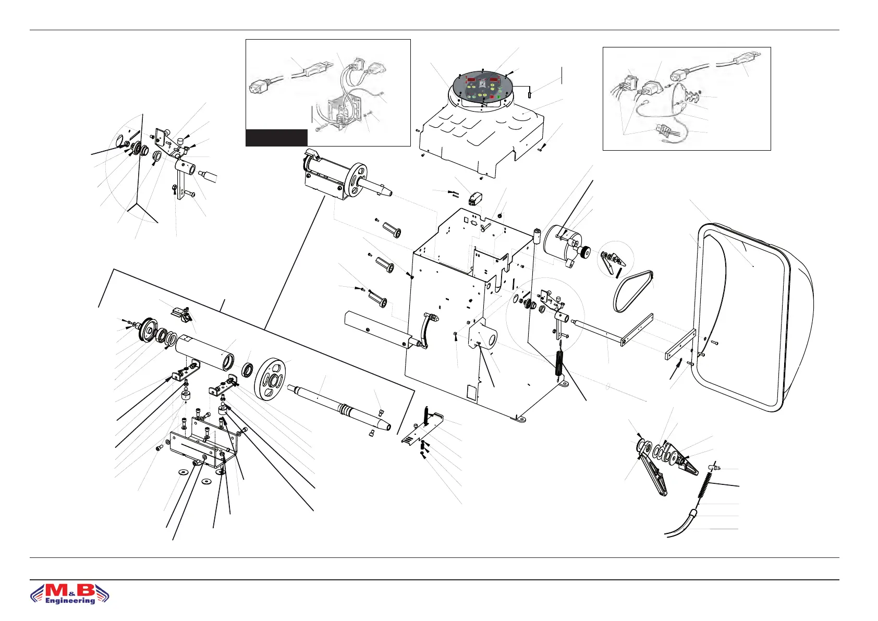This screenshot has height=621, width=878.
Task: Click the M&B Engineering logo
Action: tap(70, 593)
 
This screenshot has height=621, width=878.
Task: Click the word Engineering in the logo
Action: tap(70, 601)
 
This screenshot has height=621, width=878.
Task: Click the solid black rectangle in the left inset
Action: tap(276, 138)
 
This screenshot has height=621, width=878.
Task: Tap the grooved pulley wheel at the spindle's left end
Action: tap(147, 330)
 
